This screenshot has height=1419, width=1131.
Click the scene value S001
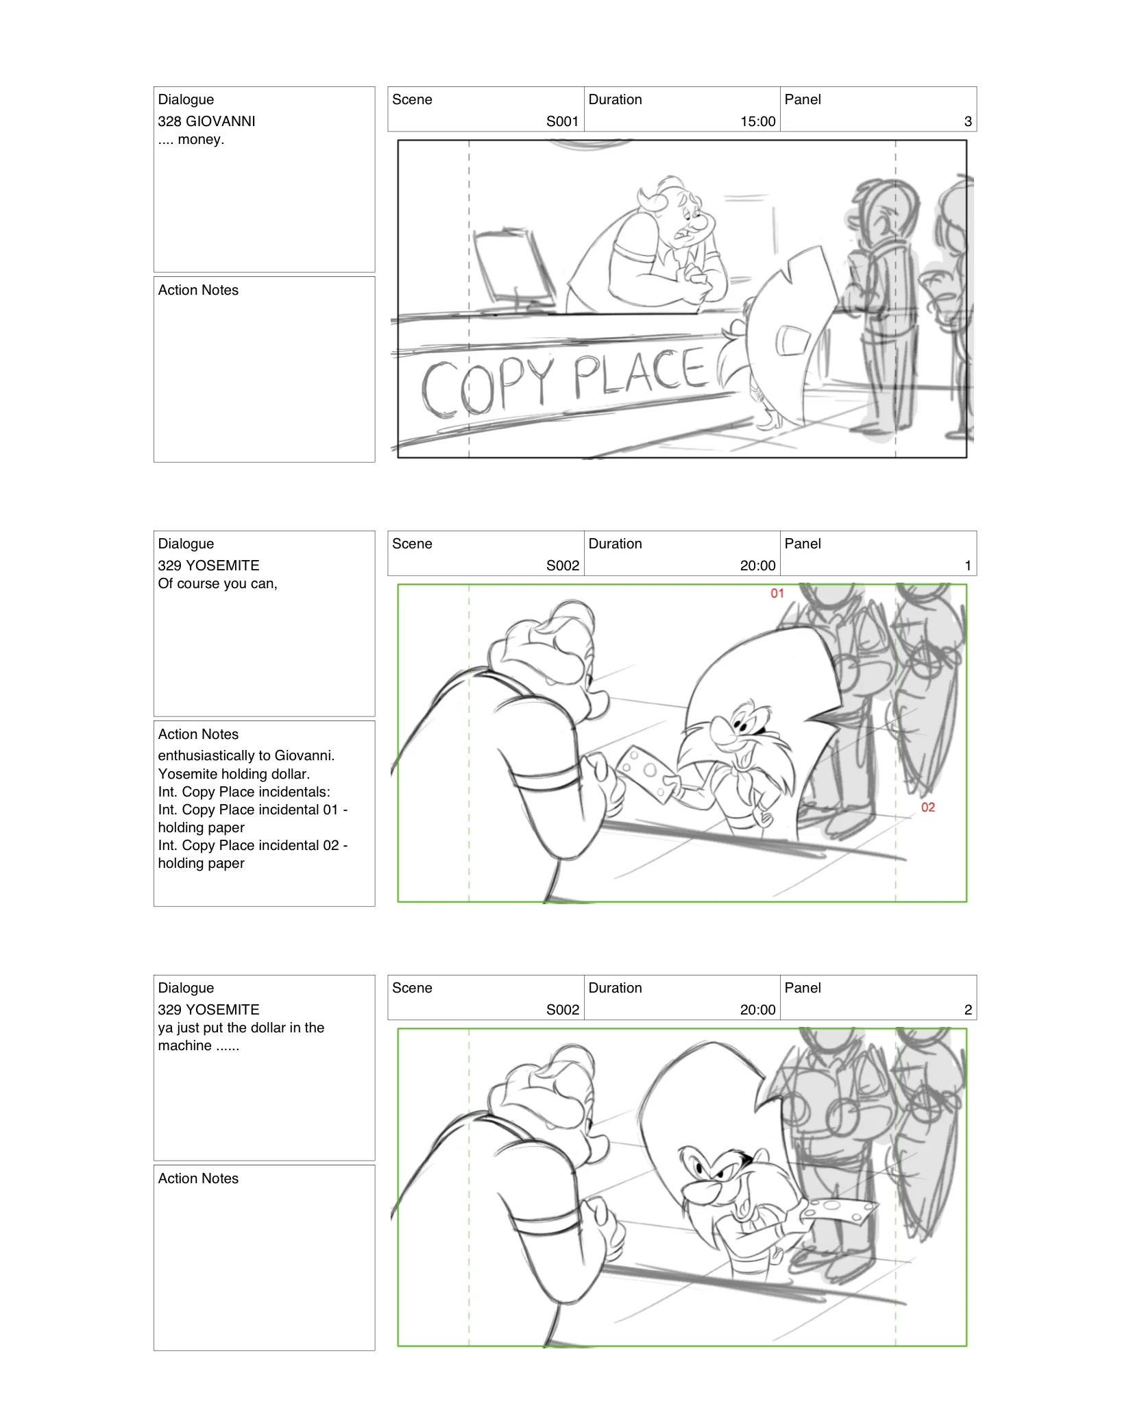point(562,121)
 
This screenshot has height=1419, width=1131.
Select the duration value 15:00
point(757,121)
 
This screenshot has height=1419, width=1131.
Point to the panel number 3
point(967,121)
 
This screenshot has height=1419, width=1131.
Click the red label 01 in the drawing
point(777,594)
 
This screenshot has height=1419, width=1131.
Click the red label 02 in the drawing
point(927,808)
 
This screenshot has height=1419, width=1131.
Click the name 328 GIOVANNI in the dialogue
point(206,121)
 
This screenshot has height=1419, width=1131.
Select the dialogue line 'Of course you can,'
point(217,583)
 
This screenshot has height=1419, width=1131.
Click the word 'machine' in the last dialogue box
point(184,1045)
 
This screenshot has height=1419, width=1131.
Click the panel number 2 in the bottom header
point(967,1010)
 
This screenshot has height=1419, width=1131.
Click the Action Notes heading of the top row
point(198,290)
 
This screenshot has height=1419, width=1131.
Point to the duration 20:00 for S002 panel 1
point(757,566)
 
